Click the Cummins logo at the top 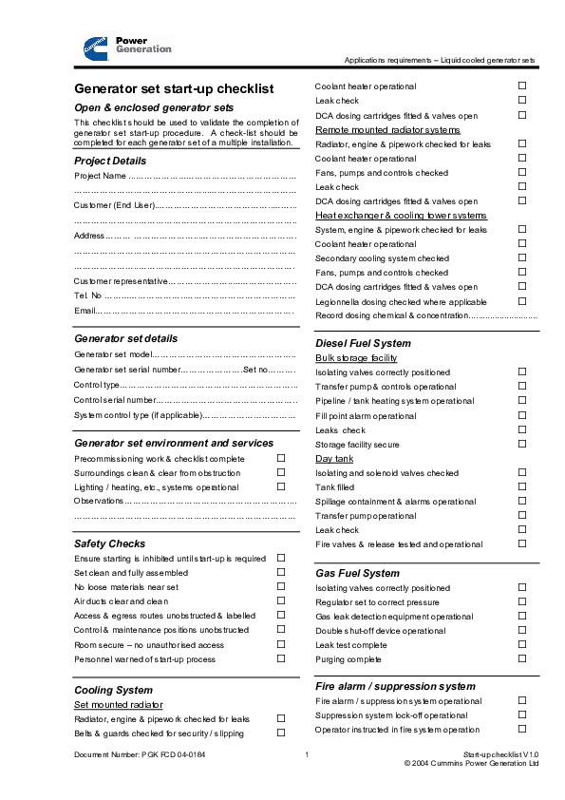(95, 45)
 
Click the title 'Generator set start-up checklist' (174, 88)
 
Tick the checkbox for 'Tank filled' (522, 486)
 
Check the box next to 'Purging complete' (522, 658)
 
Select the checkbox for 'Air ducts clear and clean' (281, 600)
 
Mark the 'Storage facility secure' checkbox (522, 444)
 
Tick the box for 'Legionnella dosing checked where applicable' (522, 300)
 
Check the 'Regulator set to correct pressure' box (522, 601)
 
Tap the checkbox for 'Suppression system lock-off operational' (522, 714)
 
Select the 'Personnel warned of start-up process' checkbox (281, 657)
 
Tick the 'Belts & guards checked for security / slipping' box (281, 733)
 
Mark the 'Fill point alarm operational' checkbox (522, 415)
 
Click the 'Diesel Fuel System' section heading (363, 343)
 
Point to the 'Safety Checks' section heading (110, 543)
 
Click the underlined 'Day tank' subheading (334, 459)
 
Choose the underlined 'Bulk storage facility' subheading (356, 358)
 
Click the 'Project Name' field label (100, 176)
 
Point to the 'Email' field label (85, 311)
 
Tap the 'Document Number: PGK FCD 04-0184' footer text (140, 754)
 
